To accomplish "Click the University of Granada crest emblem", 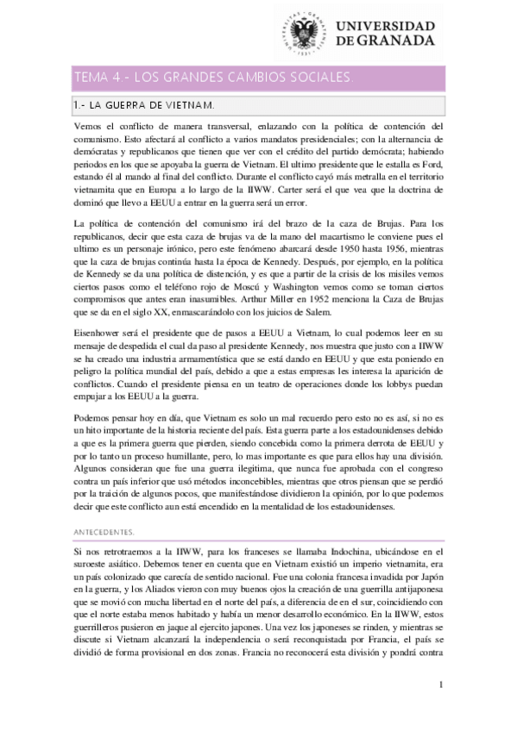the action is coord(304,34).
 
